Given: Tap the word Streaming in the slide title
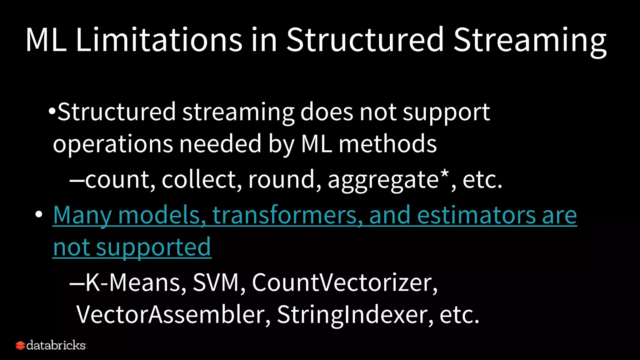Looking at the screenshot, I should coord(530,41).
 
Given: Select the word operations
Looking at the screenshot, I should coord(113,144).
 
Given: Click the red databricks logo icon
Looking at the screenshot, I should coord(20,346).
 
